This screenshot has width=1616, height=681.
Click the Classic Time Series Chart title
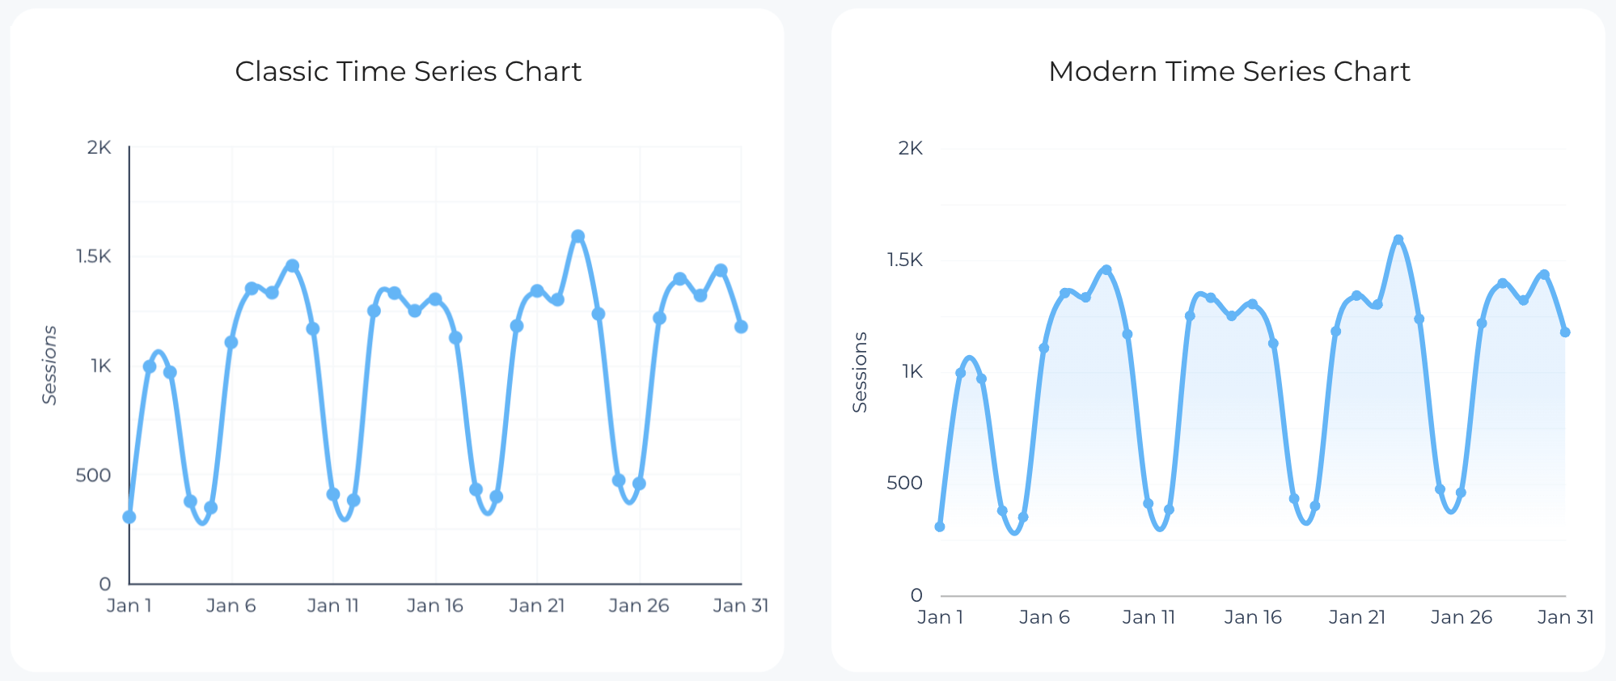tap(408, 71)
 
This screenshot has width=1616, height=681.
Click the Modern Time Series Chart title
tap(1229, 71)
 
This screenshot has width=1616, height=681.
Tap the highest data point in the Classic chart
tap(577, 236)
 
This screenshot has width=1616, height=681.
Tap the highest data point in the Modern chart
tap(1398, 239)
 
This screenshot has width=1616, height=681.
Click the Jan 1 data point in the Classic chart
tap(129, 517)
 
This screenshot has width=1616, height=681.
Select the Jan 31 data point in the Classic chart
tap(741, 327)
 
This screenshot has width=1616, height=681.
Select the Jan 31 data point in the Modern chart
tap(1565, 332)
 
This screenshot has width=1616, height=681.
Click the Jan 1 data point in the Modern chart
tap(940, 527)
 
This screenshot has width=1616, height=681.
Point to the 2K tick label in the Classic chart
tap(99, 147)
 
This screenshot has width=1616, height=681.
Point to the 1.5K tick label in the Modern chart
tap(904, 260)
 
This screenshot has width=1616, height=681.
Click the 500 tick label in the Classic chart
tap(93, 475)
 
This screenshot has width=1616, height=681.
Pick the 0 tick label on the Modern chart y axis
tap(916, 595)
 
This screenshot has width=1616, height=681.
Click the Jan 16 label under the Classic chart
tap(434, 606)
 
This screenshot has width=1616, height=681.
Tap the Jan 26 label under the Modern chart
tap(1461, 617)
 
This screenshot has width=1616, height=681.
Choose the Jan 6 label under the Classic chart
tap(231, 606)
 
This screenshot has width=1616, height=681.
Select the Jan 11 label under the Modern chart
tap(1148, 617)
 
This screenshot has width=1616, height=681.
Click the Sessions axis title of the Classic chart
tap(50, 365)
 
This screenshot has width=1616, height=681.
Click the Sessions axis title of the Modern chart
tap(860, 372)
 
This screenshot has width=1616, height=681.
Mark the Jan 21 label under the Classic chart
tap(536, 606)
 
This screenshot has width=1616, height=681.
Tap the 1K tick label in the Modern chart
tap(912, 371)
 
